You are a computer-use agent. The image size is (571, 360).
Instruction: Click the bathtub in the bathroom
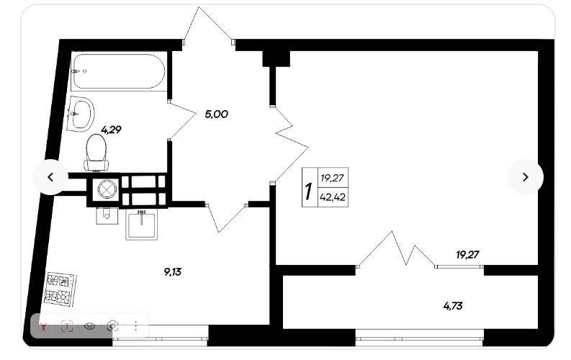click(118, 71)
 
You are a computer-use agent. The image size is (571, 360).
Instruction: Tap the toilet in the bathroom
click(96, 153)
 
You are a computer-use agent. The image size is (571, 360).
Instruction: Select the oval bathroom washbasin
click(81, 114)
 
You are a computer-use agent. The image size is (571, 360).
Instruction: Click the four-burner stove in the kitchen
click(60, 289)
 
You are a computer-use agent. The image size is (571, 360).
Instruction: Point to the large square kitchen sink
click(142, 225)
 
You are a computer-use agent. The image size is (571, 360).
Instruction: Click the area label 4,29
click(111, 130)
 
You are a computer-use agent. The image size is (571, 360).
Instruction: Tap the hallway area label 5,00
click(216, 114)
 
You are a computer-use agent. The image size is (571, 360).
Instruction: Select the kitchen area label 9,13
click(173, 271)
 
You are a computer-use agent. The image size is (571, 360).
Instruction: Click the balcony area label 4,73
click(453, 306)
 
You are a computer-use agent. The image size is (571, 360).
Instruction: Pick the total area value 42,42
click(333, 197)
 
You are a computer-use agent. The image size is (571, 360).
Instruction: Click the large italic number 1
click(309, 192)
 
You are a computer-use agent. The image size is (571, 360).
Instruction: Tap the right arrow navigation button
click(526, 177)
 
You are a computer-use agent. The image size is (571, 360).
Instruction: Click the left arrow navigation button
click(50, 177)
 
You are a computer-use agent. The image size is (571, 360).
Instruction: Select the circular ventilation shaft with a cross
click(107, 189)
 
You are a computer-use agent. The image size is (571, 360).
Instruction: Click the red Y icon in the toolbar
click(44, 326)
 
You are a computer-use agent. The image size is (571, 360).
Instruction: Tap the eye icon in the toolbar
click(89, 325)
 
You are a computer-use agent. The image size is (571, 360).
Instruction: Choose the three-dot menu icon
click(136, 325)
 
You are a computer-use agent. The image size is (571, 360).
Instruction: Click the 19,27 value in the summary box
click(332, 178)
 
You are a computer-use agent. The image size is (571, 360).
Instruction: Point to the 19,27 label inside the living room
click(467, 255)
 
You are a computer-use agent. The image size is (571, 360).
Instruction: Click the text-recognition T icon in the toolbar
click(67, 326)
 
